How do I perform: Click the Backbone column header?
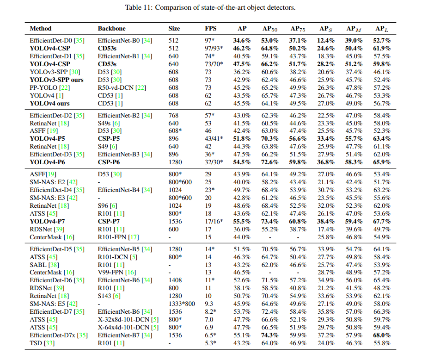click(111, 29)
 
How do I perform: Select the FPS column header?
click(210, 29)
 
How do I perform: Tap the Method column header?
click(41, 29)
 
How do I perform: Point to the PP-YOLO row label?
click(45, 87)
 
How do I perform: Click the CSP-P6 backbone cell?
click(109, 162)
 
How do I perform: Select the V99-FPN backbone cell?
click(114, 273)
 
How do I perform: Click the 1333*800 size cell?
click(182, 304)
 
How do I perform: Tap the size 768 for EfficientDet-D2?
click(173, 115)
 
